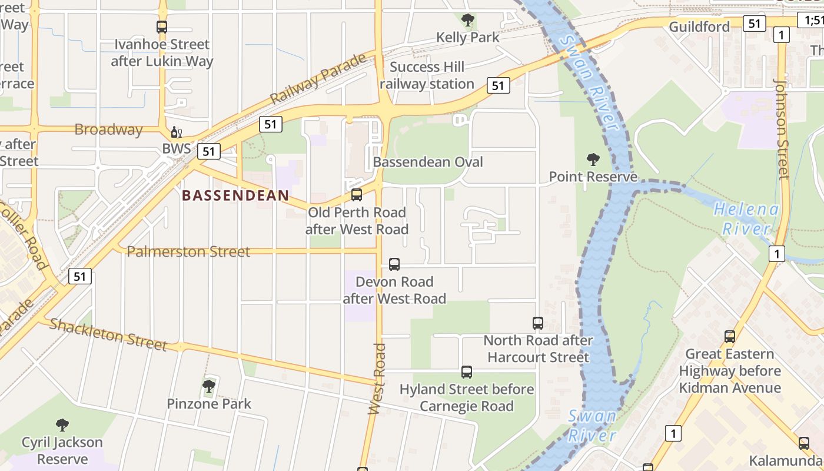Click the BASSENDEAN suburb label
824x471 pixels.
tap(235, 195)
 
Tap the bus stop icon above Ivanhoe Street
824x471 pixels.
tap(162, 26)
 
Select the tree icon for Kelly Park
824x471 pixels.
tap(468, 21)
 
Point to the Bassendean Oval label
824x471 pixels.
tap(428, 162)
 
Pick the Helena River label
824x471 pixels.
tap(746, 218)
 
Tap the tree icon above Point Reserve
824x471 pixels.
tap(593, 159)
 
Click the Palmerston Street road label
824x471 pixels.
tap(189, 252)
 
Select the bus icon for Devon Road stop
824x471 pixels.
tap(394, 264)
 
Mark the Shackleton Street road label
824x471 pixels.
tap(108, 334)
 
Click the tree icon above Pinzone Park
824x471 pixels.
tap(209, 386)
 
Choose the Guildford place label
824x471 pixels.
tap(699, 26)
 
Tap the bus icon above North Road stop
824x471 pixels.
tap(538, 323)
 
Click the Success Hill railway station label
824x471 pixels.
tap(427, 75)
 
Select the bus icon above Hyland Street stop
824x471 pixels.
tap(467, 372)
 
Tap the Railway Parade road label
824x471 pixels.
tap(318, 79)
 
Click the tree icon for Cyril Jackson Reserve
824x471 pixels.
tap(62, 424)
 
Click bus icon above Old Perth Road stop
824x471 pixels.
tap(357, 195)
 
